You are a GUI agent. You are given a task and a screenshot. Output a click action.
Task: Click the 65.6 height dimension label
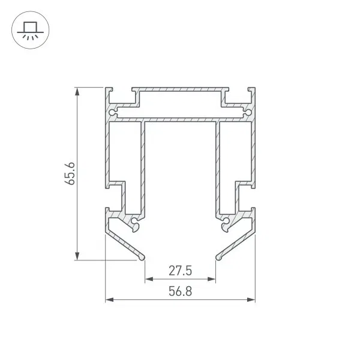(70, 173)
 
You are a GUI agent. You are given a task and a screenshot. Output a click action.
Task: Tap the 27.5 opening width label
(180, 271)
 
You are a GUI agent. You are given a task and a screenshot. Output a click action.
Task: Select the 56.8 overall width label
(180, 291)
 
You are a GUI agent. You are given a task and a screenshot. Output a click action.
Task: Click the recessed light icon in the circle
(31, 31)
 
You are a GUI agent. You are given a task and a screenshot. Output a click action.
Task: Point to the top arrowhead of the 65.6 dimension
(77, 91)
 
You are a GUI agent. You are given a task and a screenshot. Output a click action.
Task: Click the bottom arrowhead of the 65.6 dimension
(77, 256)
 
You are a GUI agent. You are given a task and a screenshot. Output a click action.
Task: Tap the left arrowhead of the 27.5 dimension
(149, 279)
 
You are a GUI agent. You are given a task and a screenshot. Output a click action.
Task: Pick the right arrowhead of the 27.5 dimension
(211, 279)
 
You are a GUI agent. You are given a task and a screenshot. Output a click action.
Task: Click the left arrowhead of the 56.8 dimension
(109, 299)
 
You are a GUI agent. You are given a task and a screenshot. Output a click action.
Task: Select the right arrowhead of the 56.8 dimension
(251, 299)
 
